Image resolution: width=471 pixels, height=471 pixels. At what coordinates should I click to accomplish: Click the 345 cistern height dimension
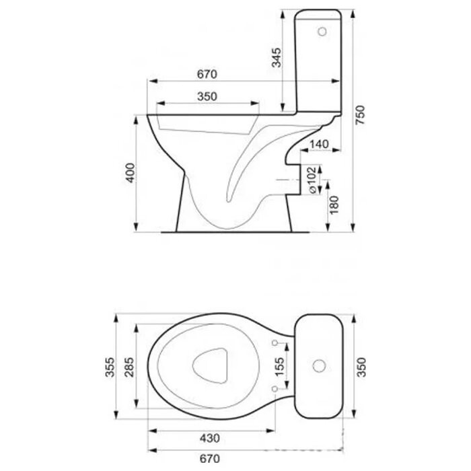point(277,57)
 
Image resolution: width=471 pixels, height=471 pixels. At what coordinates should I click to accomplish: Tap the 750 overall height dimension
point(360,115)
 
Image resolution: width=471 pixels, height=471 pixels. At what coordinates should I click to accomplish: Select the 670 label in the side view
point(207,74)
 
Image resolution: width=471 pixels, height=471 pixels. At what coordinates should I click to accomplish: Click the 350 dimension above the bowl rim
point(207,96)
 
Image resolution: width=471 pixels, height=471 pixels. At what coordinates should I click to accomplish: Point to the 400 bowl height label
point(131,172)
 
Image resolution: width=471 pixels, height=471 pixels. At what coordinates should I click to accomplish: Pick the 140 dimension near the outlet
point(319,144)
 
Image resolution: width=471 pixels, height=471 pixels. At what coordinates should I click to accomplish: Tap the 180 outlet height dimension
point(334,205)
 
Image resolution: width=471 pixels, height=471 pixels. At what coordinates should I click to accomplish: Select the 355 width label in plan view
point(110,367)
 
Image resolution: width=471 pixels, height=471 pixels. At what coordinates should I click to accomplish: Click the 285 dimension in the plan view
point(129,367)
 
